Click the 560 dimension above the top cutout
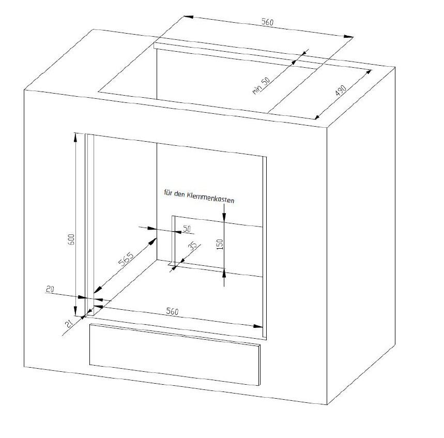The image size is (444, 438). pos(267,22)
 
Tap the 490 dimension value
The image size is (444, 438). pos(341,90)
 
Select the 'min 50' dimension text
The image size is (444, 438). pos(261,85)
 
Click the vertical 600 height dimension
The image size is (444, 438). pos(71,239)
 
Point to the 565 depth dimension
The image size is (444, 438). pos(126,259)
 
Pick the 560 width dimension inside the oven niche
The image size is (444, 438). pos(172,311)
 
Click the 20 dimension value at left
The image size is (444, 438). pos(50,289)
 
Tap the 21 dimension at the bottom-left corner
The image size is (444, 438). pos(69,323)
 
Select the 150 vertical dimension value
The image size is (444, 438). pos(220,244)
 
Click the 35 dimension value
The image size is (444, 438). pos(193,246)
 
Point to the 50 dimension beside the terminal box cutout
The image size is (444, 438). pos(187,229)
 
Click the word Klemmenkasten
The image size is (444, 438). pos(211,198)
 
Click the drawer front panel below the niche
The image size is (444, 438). pos(174,354)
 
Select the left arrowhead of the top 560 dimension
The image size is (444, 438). pos(189,17)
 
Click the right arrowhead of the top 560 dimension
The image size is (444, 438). pos(348,36)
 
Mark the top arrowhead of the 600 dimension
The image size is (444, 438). pos(75,137)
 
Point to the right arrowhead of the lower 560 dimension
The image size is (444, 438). pos(258,326)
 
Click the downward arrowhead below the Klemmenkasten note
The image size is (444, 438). pos(224,216)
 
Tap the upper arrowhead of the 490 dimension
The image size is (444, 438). pos(368,73)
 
